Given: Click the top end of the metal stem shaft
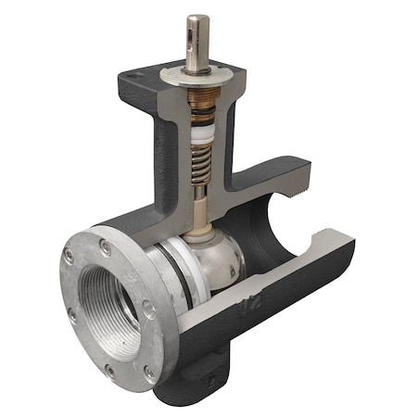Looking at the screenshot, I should (196, 19).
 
